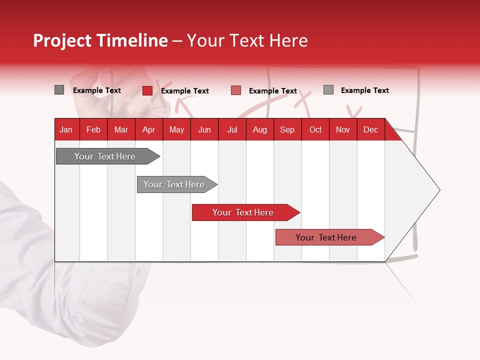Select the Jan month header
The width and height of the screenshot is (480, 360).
(x=66, y=130)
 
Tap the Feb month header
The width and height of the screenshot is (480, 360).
(x=93, y=130)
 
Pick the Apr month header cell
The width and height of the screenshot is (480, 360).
(x=149, y=130)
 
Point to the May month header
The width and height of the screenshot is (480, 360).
(x=176, y=130)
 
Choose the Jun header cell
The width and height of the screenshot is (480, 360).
(x=204, y=130)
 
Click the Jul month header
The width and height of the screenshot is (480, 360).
(x=232, y=130)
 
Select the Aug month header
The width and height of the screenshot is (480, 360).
(x=260, y=130)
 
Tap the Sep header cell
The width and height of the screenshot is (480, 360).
(x=287, y=130)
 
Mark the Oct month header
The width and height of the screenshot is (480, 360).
(x=315, y=130)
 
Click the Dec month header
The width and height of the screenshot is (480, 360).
(x=371, y=130)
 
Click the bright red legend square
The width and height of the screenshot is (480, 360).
(x=147, y=90)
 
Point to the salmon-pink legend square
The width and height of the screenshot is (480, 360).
(x=236, y=90)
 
